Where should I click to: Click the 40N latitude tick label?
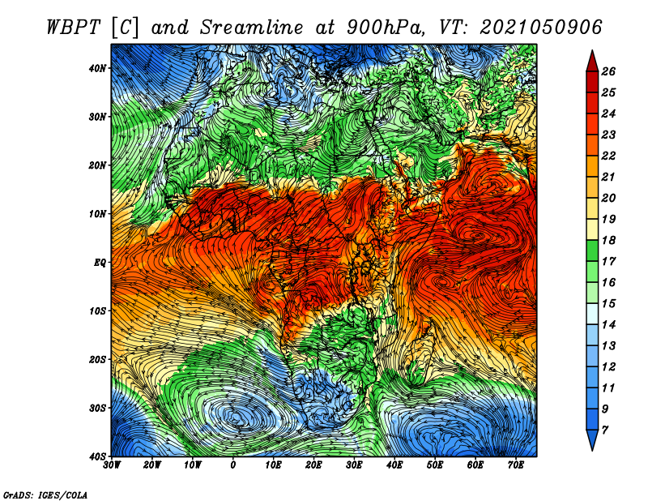tap(97, 68)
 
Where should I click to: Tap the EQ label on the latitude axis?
tap(99, 263)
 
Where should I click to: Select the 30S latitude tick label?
tap(97, 409)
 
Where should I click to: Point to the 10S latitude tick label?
tap(97, 311)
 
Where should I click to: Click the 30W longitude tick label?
tap(112, 465)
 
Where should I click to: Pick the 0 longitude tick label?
tap(233, 465)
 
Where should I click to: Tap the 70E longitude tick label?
tap(516, 465)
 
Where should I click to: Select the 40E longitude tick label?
tap(394, 465)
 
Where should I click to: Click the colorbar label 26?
tap(608, 71)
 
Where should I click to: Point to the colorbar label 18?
tap(608, 240)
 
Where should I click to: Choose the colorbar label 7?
tap(605, 430)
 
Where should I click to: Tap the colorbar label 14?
tap(608, 325)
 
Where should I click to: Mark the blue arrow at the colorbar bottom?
tap(592, 439)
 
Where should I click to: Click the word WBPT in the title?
tap(74, 28)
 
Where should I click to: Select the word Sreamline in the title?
tap(252, 28)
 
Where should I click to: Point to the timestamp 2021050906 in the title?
tap(540, 28)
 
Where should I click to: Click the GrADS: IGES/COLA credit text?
tap(45, 495)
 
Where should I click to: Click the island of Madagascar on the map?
tap(421, 353)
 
